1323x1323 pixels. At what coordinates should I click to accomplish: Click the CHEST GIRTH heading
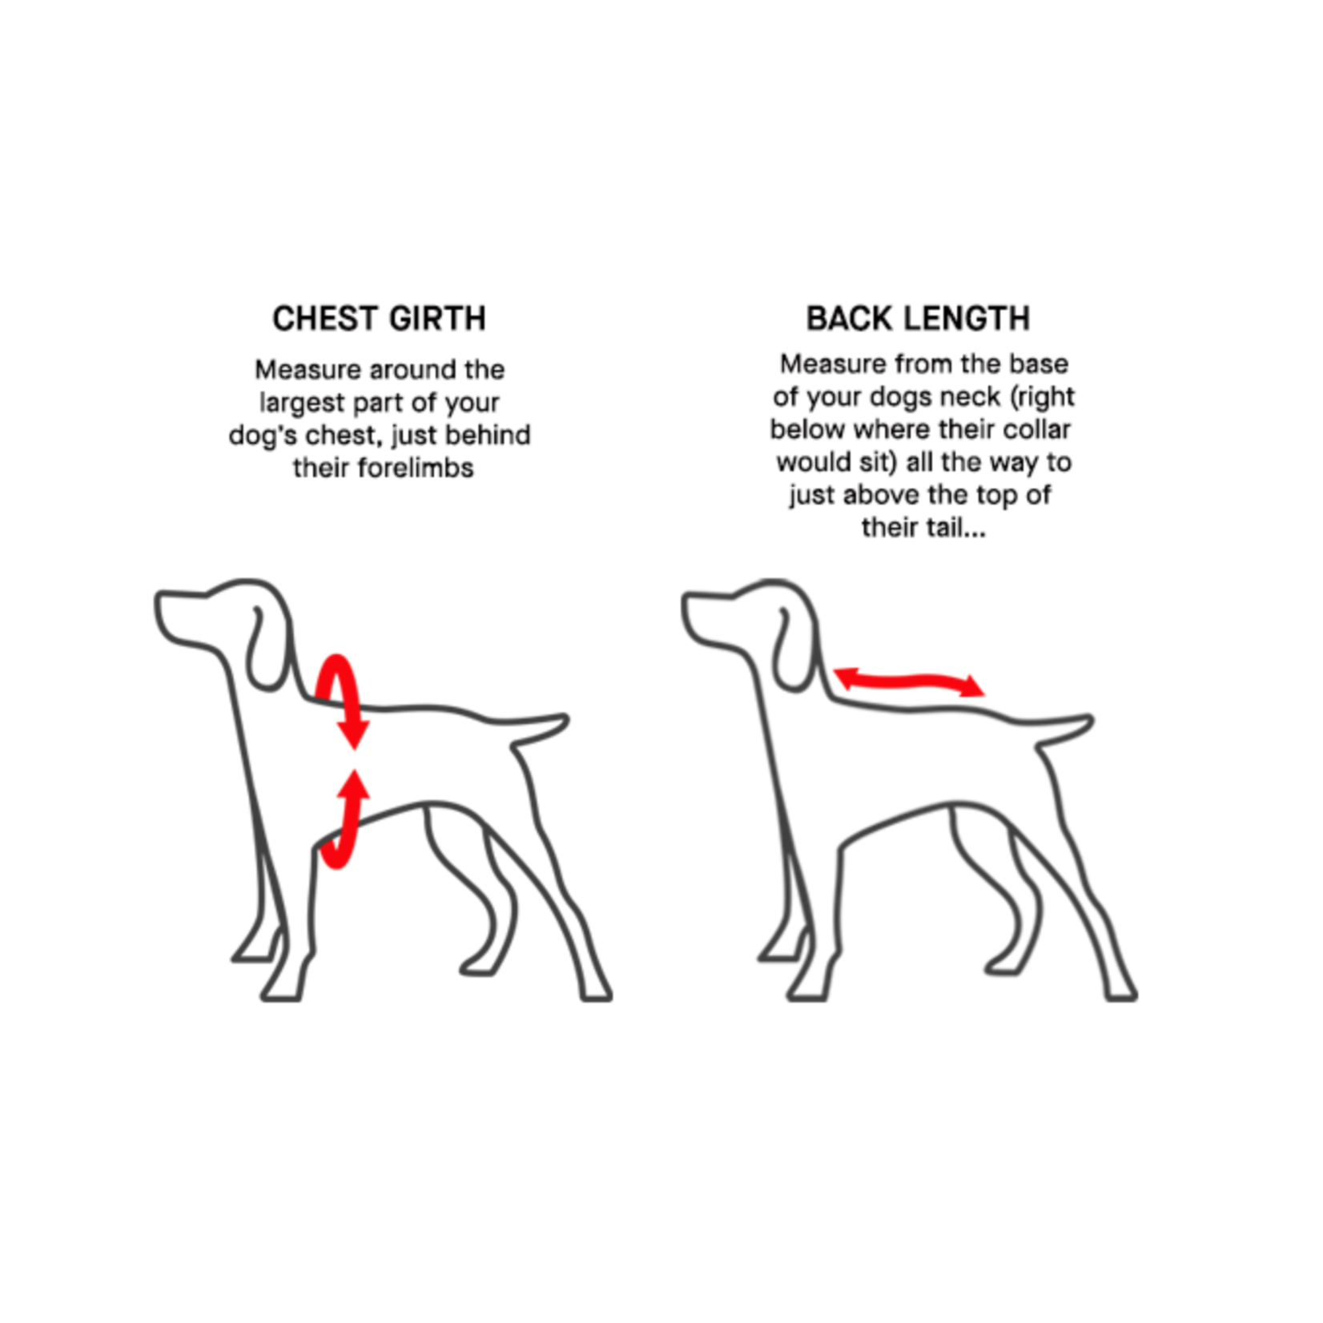379,319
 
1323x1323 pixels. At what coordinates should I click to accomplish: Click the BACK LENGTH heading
918,319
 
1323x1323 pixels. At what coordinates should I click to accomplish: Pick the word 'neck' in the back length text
971,397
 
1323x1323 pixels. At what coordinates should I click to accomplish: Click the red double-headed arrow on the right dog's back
910,682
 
